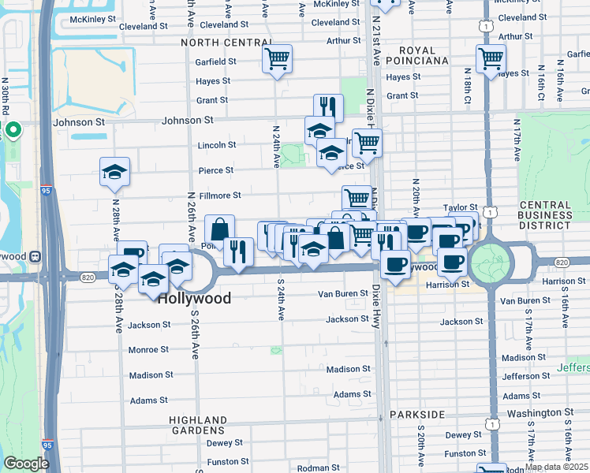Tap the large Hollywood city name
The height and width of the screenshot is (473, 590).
194,299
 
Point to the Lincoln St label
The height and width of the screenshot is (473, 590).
216,145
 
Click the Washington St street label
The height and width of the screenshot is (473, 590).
540,412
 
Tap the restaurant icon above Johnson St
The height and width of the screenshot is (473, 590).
328,108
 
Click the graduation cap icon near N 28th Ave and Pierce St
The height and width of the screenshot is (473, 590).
114,172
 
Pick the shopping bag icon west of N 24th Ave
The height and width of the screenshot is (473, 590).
219,229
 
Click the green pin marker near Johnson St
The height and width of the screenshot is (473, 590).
13,129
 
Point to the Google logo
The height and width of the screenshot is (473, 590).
26,464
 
